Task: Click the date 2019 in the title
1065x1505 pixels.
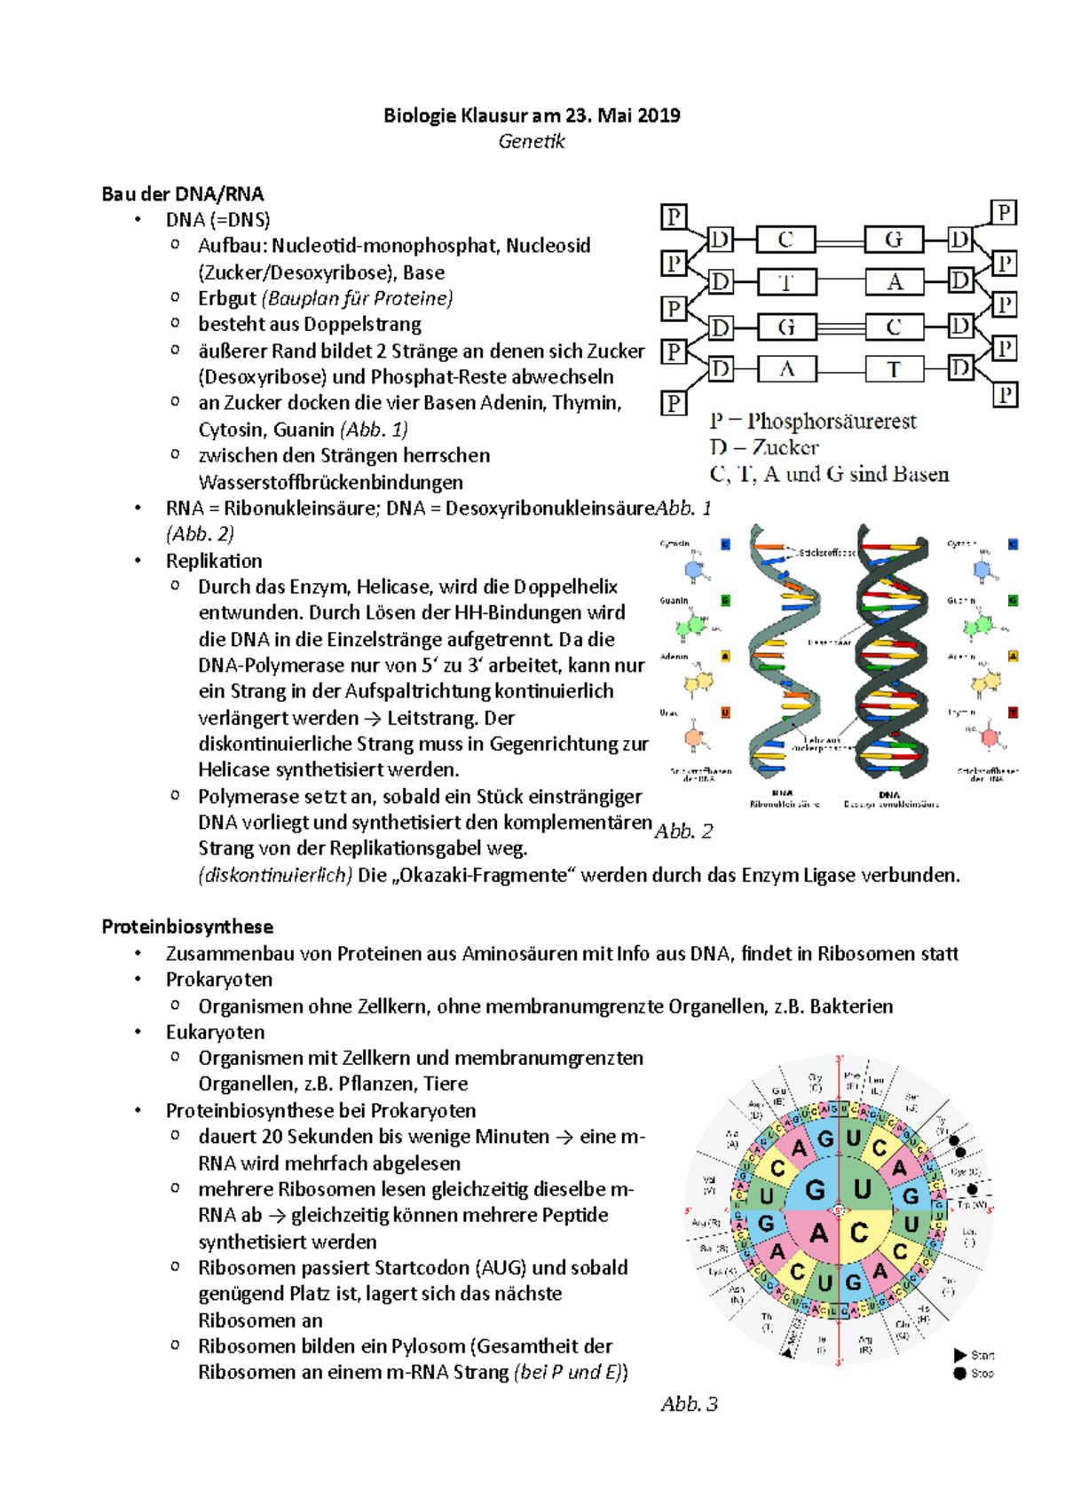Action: (659, 115)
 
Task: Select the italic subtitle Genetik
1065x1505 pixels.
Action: (532, 142)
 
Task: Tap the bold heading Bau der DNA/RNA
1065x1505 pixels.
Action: (183, 194)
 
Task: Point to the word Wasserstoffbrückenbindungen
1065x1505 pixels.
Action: (330, 483)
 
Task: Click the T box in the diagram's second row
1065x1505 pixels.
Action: (786, 282)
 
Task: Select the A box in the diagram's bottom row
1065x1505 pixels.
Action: (786, 369)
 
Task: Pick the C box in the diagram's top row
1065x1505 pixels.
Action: (785, 240)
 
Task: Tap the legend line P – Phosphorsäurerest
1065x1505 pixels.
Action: (813, 422)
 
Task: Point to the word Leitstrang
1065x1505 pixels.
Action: (433, 718)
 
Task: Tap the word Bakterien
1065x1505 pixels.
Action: (851, 1006)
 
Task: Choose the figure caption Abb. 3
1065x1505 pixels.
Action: (689, 1405)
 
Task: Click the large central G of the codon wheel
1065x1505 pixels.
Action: (815, 1189)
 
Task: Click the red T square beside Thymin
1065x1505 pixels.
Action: (1014, 713)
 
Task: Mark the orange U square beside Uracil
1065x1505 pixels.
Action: (725, 713)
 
